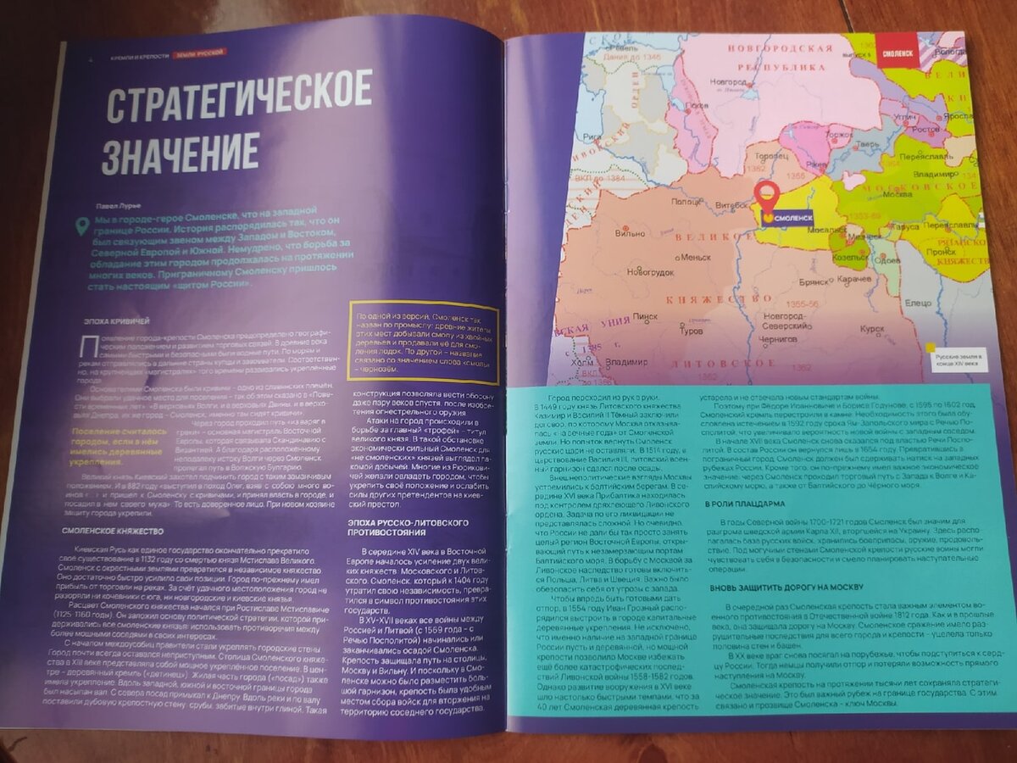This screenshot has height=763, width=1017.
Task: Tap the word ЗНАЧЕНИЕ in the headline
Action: [x=180, y=153]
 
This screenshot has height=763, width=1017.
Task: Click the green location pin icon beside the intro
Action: [x=82, y=226]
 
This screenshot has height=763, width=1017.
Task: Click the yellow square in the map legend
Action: [x=931, y=347]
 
